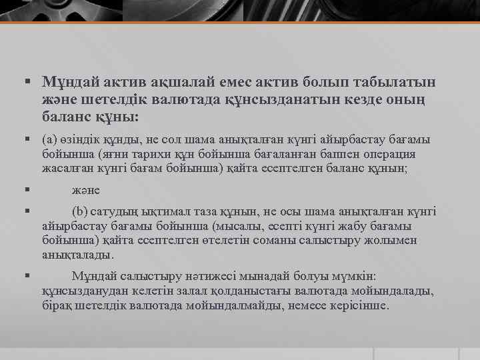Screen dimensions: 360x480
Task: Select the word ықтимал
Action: (x=159, y=211)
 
